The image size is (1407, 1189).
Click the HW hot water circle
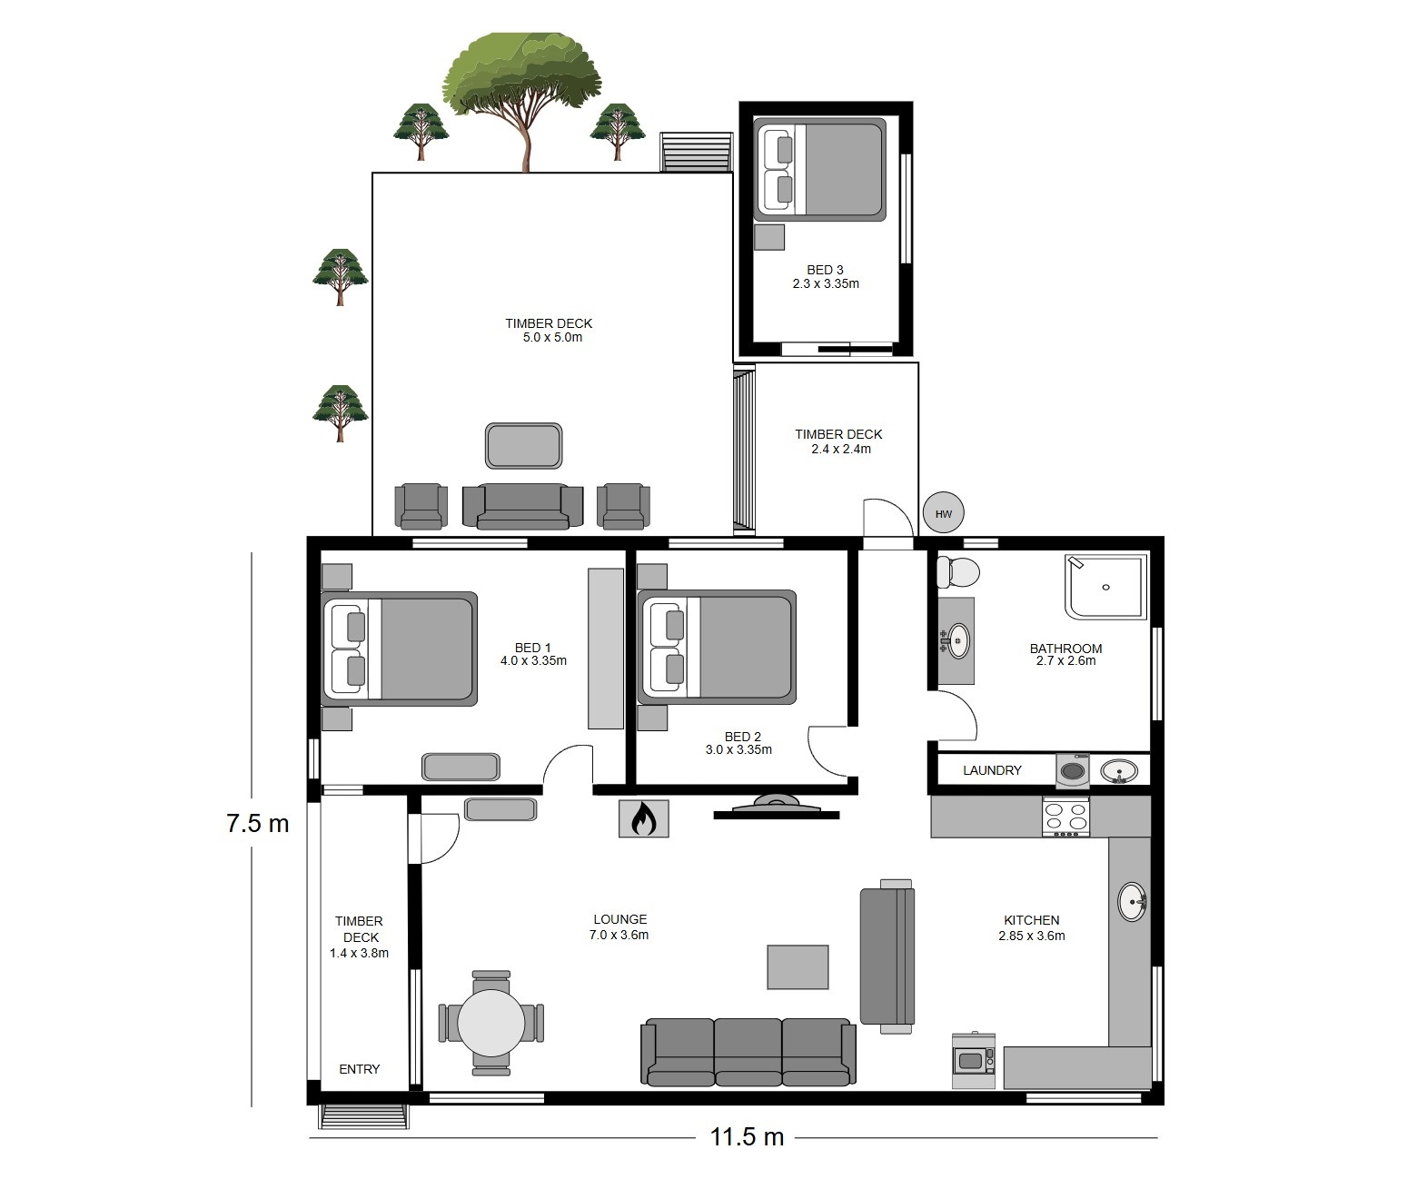[943, 513]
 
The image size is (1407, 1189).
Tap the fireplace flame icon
[643, 818]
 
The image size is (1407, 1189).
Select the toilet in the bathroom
[957, 572]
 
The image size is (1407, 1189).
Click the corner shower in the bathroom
[1105, 587]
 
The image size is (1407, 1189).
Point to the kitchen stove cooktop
[1065, 817]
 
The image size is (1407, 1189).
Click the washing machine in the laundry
[1073, 770]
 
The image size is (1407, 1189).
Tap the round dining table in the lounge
[491, 1023]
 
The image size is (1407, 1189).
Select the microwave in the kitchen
[973, 1061]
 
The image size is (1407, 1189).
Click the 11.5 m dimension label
[747, 1137]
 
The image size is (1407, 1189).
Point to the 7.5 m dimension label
[257, 823]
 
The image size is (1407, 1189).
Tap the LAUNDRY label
[992, 770]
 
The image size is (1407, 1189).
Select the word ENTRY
[359, 1069]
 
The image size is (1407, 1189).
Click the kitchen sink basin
[1132, 901]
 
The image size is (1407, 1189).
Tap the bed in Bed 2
[717, 647]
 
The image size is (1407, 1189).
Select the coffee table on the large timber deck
[523, 446]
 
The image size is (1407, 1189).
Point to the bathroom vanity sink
[956, 640]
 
